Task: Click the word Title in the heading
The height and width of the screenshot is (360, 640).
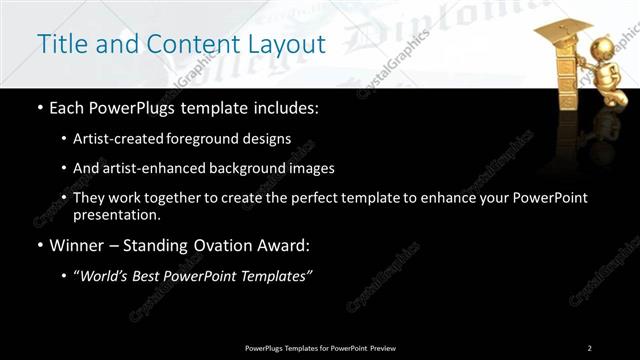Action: [58, 44]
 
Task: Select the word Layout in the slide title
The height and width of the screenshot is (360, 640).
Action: [290, 45]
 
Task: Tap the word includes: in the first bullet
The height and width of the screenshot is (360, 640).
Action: [286, 108]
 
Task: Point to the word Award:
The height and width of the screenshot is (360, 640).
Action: [285, 245]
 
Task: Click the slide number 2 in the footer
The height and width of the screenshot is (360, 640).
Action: [589, 348]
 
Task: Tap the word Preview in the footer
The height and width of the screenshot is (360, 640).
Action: [382, 348]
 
